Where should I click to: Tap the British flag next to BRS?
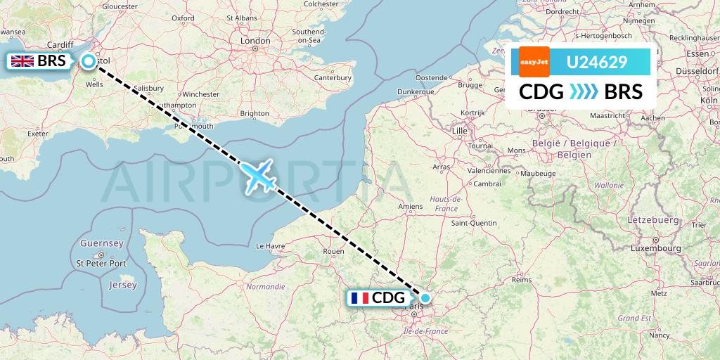[22, 61]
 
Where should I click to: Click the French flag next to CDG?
[359, 297]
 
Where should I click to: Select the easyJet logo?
[534, 62]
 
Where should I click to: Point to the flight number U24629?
[597, 63]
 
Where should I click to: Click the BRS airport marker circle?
[89, 61]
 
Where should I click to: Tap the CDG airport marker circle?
[425, 297]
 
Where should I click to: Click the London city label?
[256, 41]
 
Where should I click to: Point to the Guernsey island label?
[102, 243]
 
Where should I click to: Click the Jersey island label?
[122, 285]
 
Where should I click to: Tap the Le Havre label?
[269, 246]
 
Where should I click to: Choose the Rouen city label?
[333, 251]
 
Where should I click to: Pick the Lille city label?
[461, 131]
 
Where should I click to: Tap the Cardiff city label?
[60, 45]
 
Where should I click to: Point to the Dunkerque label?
[415, 91]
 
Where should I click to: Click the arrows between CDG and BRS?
[584, 92]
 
